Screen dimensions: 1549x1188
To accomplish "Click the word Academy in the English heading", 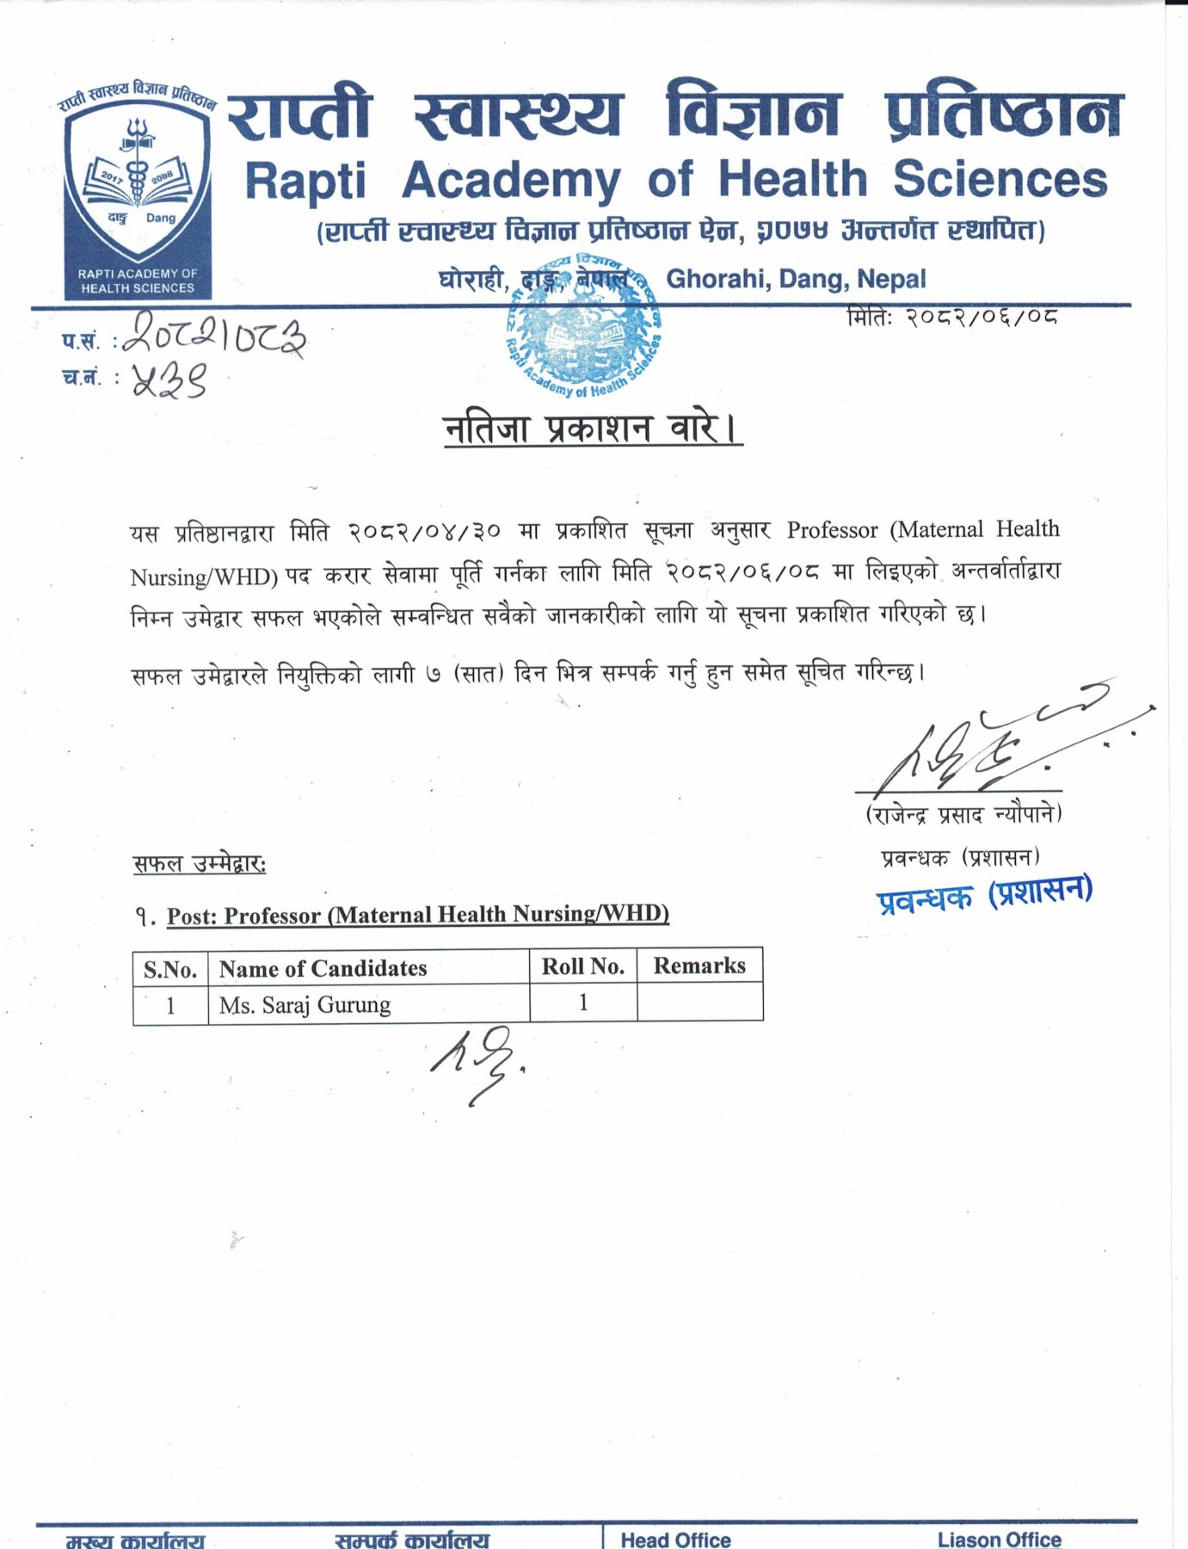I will coord(510,181).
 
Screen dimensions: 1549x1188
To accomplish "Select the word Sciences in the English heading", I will coord(1000,179).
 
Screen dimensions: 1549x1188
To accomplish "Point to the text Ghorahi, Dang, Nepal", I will coord(796,279).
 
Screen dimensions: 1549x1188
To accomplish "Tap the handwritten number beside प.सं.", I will coord(214,336).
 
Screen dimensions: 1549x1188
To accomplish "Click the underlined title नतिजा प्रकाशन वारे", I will coord(592,428).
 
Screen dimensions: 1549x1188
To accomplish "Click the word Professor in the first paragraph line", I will coord(832,530).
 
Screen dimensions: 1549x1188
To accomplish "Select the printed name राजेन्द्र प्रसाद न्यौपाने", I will coord(963,813).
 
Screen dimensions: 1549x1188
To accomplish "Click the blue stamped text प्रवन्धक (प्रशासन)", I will coord(984,895).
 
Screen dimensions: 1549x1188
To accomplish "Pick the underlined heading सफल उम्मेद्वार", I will coord(200,863).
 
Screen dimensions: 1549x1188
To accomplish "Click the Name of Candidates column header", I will coord(323,968).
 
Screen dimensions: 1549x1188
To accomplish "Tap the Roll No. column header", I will coord(582,966).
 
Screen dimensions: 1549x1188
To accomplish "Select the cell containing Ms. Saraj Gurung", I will coord(305,1004).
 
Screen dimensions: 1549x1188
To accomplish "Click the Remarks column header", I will coord(699,966).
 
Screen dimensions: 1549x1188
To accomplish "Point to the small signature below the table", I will coord(476,1063).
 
